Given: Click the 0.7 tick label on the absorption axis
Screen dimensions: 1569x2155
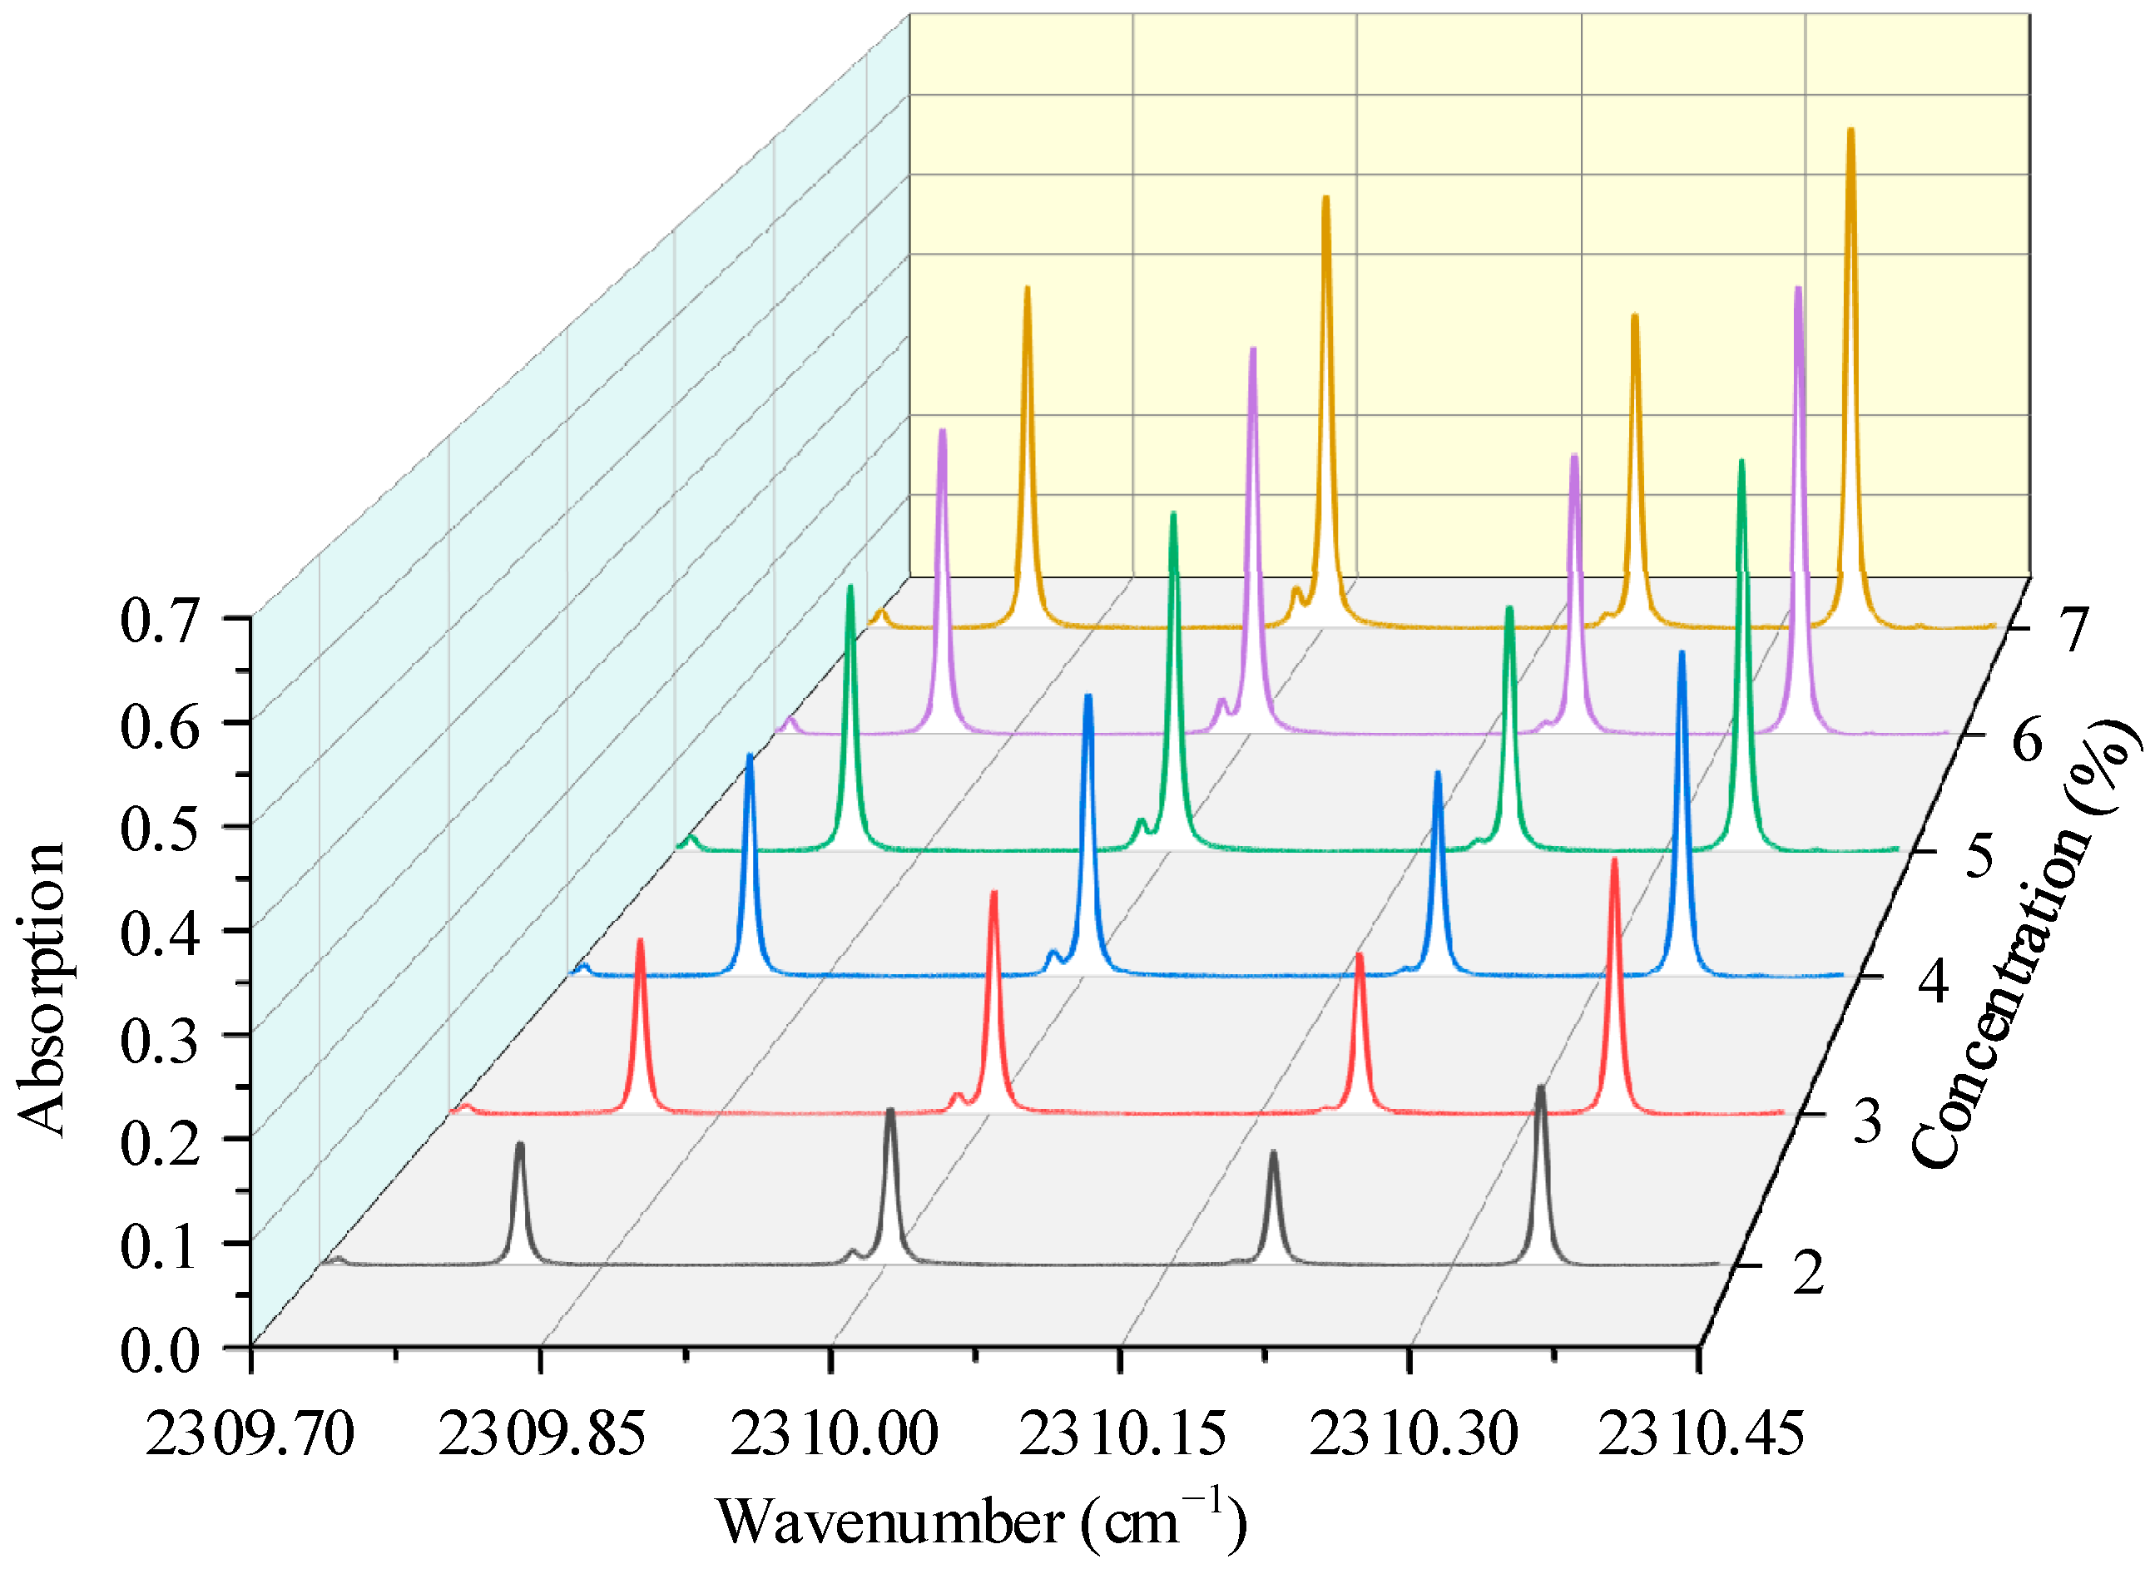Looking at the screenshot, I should click(159, 622).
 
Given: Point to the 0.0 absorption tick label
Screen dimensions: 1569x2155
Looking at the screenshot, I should click(159, 1350).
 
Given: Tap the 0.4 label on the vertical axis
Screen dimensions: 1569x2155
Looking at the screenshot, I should click(159, 933).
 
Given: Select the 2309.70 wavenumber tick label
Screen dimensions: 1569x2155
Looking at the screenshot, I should click(249, 1433).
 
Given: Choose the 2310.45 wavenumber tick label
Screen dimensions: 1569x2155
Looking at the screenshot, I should click(1700, 1433).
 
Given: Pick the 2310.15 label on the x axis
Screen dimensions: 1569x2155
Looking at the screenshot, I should click(1122, 1433).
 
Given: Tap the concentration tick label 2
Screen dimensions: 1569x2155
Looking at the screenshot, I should click(1808, 1274).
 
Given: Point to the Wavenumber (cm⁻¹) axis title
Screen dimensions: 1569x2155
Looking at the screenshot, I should click(981, 1522).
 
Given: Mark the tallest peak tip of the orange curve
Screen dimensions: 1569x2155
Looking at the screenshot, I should click(1850, 131).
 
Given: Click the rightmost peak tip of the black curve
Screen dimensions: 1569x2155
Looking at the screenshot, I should click(1540, 1088).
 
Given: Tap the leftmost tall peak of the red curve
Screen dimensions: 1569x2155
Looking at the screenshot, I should click(640, 941).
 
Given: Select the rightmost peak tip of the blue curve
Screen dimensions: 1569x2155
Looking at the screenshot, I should click(1682, 653).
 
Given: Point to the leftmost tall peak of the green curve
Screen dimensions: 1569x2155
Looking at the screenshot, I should click(850, 588).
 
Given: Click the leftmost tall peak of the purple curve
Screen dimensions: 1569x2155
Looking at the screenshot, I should click(943, 431).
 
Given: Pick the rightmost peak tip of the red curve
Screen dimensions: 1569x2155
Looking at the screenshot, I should click(1613, 860).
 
